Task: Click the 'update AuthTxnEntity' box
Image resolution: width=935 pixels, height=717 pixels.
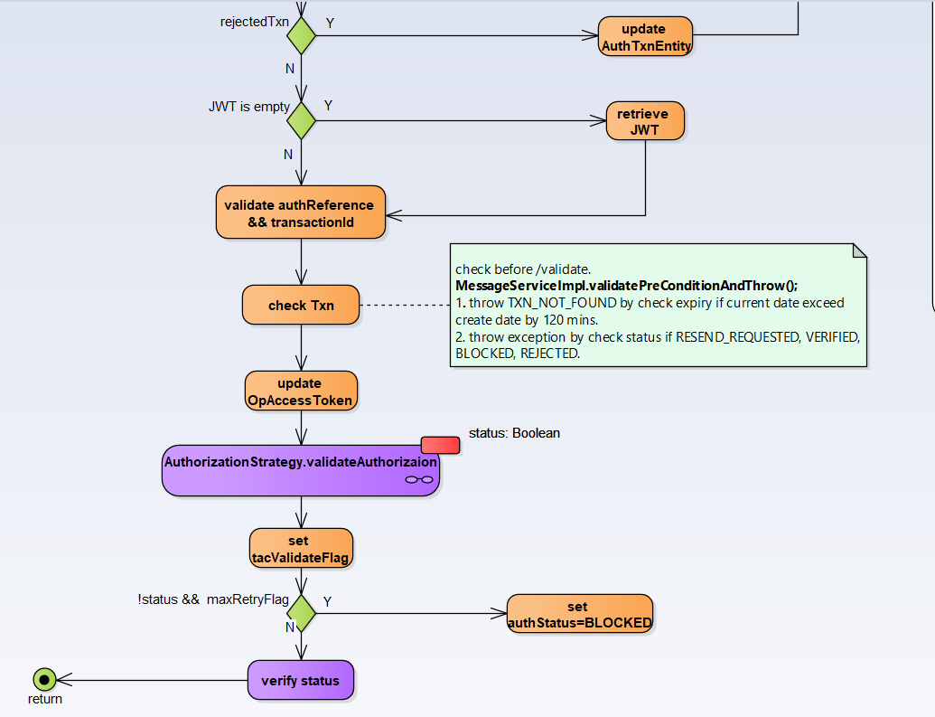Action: [x=645, y=36]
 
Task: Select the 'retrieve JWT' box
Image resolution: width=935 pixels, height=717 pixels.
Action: [x=645, y=121]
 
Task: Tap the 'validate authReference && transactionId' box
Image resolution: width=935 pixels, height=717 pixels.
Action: [x=301, y=213]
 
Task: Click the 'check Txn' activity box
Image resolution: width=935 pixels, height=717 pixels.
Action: [x=301, y=305]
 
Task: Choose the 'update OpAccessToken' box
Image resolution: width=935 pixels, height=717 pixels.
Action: [x=301, y=392]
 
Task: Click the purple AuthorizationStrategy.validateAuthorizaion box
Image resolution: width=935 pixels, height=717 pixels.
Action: [x=301, y=470]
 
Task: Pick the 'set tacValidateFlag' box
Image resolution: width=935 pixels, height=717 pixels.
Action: [x=301, y=550]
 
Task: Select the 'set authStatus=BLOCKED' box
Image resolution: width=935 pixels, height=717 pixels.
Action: [x=579, y=615]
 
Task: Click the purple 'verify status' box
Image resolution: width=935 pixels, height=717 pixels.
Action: [x=301, y=680]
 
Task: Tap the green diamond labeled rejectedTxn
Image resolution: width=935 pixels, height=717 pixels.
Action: [x=301, y=35]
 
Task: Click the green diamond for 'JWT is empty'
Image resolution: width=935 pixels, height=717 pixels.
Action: [x=301, y=120]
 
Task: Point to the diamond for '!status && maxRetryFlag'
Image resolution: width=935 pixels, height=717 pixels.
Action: [x=301, y=614]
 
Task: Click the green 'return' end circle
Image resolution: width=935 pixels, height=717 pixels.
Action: [x=43, y=679]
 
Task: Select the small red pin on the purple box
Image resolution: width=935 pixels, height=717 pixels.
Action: [x=440, y=445]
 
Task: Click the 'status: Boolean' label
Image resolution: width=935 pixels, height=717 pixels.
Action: [x=514, y=433]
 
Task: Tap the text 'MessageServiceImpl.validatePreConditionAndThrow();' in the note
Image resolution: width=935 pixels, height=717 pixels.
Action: [x=626, y=286]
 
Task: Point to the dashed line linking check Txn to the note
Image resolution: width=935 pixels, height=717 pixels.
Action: [x=405, y=305]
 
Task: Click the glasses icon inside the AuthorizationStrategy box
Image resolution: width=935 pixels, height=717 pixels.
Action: [x=418, y=480]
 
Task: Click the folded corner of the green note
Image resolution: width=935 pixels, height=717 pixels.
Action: [x=859, y=250]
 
